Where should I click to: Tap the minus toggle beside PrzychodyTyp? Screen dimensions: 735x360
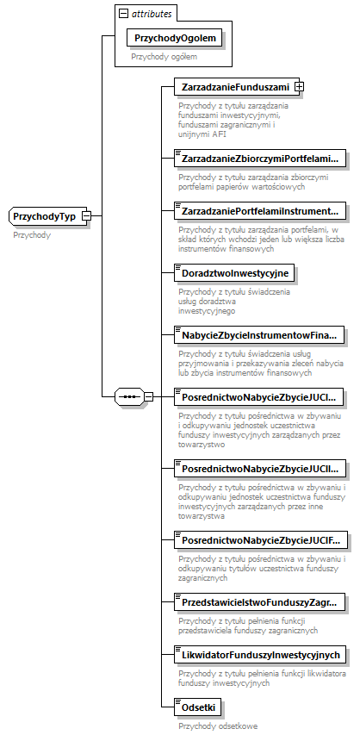87,216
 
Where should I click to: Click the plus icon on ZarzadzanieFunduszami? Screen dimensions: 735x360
299,87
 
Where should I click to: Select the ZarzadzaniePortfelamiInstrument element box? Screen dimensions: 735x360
258,210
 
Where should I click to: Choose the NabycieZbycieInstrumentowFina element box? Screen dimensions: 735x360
258,334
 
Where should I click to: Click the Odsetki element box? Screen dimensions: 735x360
198,707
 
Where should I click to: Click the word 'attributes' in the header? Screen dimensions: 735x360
152,15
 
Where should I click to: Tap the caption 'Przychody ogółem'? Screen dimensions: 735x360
164,57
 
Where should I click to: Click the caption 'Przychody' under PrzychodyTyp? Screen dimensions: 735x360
32,234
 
